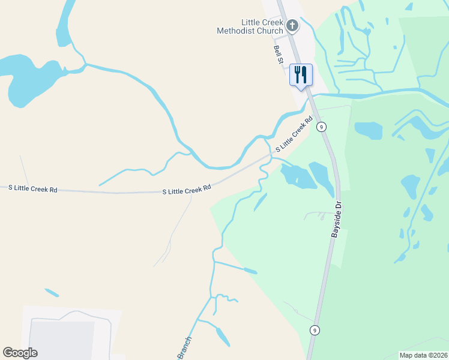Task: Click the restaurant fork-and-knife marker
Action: (x=301, y=74)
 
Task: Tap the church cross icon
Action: (x=292, y=25)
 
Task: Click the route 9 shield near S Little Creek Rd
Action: (x=322, y=127)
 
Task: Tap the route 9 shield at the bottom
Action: (x=314, y=330)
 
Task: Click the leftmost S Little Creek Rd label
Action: (x=33, y=188)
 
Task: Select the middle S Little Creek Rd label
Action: (x=187, y=190)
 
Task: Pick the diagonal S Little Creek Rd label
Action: (x=295, y=134)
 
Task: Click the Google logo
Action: (x=20, y=353)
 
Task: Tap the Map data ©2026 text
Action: (x=424, y=355)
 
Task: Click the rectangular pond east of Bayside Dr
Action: (x=368, y=130)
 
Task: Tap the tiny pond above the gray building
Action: (x=52, y=293)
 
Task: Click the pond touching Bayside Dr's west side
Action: (x=322, y=178)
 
